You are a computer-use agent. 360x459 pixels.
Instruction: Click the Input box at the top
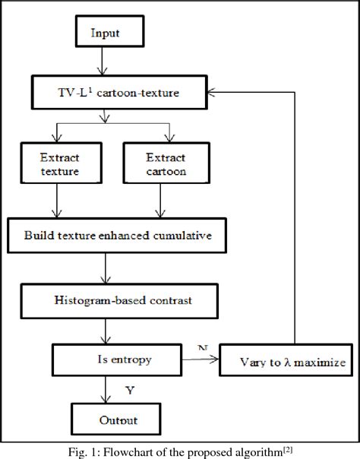coord(105,33)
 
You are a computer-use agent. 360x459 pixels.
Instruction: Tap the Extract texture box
coord(60,163)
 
